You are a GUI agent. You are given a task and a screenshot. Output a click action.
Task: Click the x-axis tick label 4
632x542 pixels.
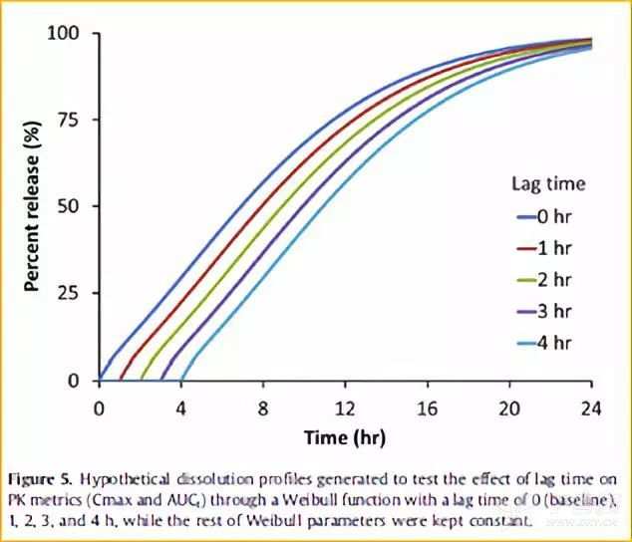point(180,407)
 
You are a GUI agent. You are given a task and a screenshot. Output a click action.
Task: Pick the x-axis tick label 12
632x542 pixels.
point(345,407)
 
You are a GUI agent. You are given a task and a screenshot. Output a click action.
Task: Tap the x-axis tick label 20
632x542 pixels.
point(509,407)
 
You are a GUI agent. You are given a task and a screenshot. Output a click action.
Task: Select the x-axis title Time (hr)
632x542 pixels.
point(345,436)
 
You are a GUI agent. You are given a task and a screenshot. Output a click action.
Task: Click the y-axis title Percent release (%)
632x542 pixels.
point(32,206)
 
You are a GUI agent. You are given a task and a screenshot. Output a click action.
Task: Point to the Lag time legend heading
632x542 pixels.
point(548,183)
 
